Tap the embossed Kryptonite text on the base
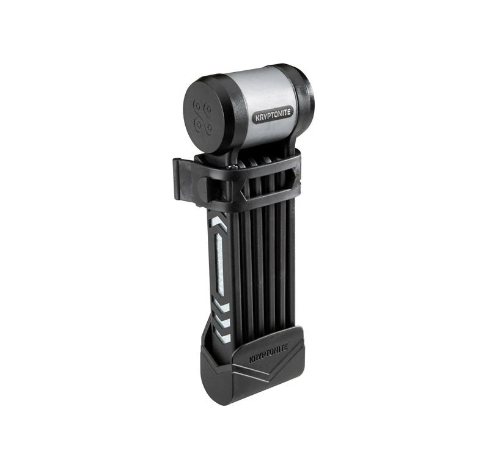tap(268, 354)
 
